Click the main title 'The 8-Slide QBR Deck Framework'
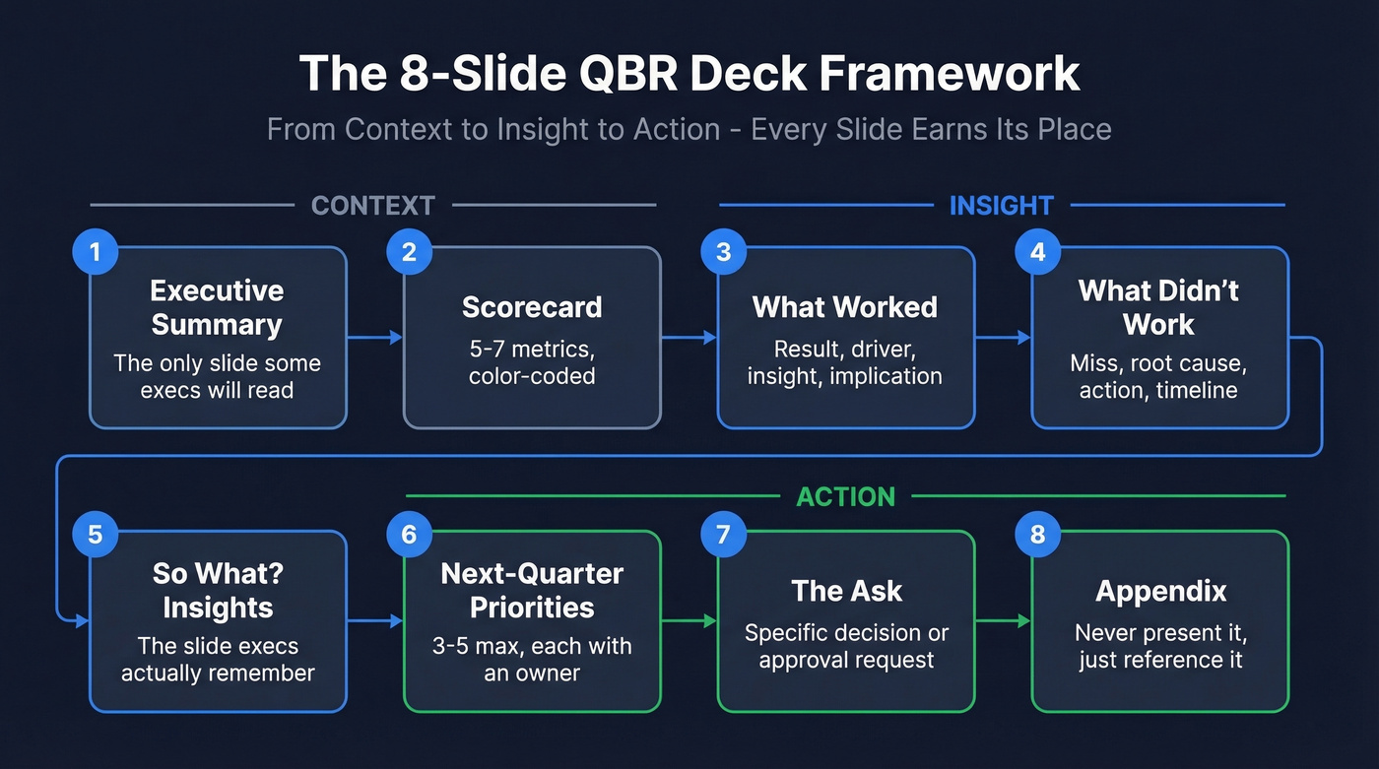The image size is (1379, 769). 689,74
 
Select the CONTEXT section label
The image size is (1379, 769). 372,205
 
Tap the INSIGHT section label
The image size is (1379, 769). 1001,205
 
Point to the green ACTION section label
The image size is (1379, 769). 845,496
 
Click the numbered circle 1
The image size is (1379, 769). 95,252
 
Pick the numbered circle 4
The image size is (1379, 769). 1037,252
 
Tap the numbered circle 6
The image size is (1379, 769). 409,535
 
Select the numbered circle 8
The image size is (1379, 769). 1037,535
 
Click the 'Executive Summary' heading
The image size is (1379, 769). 217,307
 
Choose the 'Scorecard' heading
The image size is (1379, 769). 532,306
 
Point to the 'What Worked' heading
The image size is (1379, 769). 845,306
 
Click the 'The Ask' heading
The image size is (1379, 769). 846,591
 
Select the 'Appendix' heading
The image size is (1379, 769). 1160,591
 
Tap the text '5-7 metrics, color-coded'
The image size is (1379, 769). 532,362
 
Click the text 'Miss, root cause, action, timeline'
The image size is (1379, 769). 1158,377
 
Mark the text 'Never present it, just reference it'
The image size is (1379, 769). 1160,646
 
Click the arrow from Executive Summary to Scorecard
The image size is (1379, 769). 375,338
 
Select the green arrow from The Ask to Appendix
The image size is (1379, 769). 1004,621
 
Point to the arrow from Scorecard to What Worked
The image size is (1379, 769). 689,338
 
